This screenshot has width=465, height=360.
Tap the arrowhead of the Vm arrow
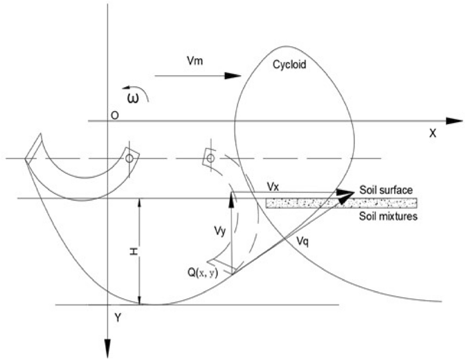pyautogui.click(x=234, y=75)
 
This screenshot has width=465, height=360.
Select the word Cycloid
pyautogui.click(x=290, y=64)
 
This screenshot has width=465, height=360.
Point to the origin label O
pyautogui.click(x=113, y=115)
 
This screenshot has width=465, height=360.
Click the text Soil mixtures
pyautogui.click(x=388, y=216)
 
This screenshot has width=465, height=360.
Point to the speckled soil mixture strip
pyautogui.click(x=342, y=203)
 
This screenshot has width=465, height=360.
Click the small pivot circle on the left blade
pyautogui.click(x=129, y=159)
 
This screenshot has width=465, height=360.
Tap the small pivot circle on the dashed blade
pyautogui.click(x=209, y=158)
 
